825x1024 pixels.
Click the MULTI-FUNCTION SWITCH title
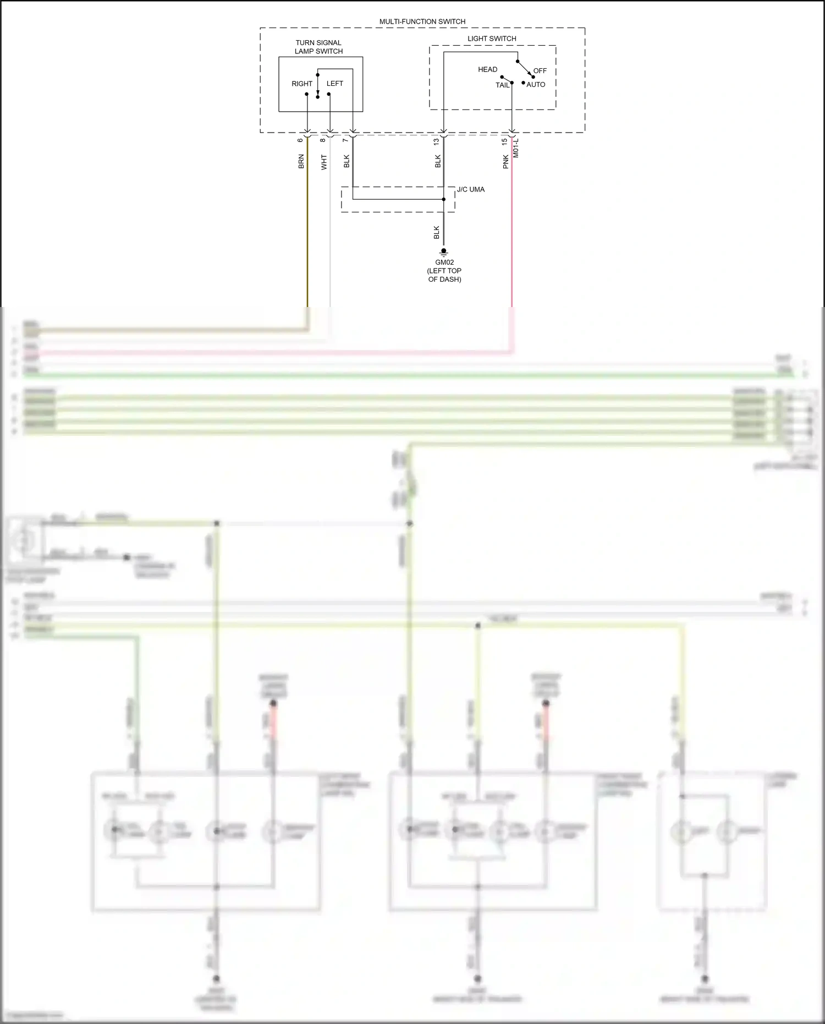[422, 21]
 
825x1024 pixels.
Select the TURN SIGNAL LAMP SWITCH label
[318, 47]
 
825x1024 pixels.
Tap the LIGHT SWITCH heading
[492, 39]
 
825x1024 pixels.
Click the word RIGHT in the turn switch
[302, 84]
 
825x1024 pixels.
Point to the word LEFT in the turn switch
[335, 84]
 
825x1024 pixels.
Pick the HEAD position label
[487, 69]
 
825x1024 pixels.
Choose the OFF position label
[540, 71]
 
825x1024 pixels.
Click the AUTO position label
[536, 85]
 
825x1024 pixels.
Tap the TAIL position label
[503, 85]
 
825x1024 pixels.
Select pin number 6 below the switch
[300, 140]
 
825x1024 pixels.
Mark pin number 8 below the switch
[323, 140]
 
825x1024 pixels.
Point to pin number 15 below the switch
[504, 141]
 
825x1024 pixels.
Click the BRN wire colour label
[301, 162]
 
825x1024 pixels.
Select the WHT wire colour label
[324, 162]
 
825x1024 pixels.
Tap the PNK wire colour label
[505, 162]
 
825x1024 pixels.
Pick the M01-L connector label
[516, 148]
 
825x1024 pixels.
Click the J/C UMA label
[471, 189]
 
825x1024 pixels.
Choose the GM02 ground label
[444, 262]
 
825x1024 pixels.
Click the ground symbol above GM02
[444, 252]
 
